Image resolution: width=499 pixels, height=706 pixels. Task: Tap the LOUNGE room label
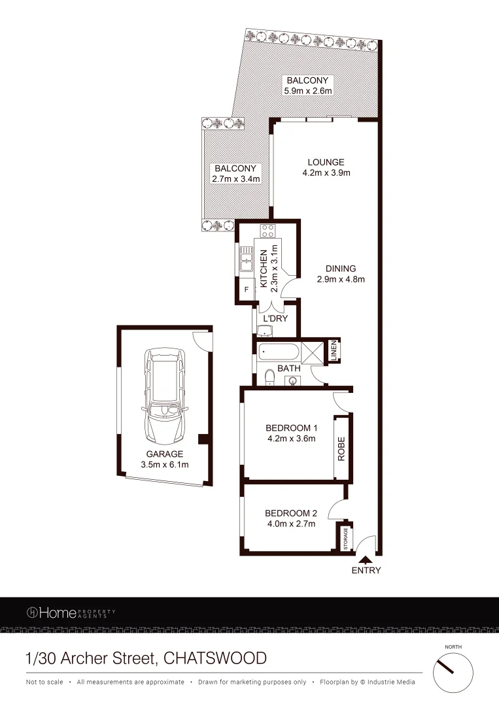(x=328, y=163)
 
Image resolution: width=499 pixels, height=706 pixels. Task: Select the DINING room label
(x=340, y=269)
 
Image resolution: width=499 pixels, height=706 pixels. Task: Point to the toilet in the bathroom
(x=270, y=375)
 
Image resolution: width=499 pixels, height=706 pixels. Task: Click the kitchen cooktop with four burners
(x=268, y=230)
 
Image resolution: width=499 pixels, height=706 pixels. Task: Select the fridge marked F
(x=247, y=288)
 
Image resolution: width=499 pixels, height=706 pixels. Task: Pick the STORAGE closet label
(x=345, y=537)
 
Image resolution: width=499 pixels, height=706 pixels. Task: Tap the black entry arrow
(x=365, y=559)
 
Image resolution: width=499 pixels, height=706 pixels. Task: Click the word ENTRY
(x=366, y=570)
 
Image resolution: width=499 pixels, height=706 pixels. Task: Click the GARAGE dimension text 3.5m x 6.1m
(x=165, y=465)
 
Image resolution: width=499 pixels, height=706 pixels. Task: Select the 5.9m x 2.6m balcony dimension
(x=307, y=91)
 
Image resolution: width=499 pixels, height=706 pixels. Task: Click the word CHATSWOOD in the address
(x=216, y=658)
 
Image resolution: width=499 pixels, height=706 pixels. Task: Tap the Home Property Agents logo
(x=71, y=613)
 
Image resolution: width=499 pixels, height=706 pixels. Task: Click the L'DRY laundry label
(x=275, y=319)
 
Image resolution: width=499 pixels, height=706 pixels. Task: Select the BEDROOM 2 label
(x=290, y=513)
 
